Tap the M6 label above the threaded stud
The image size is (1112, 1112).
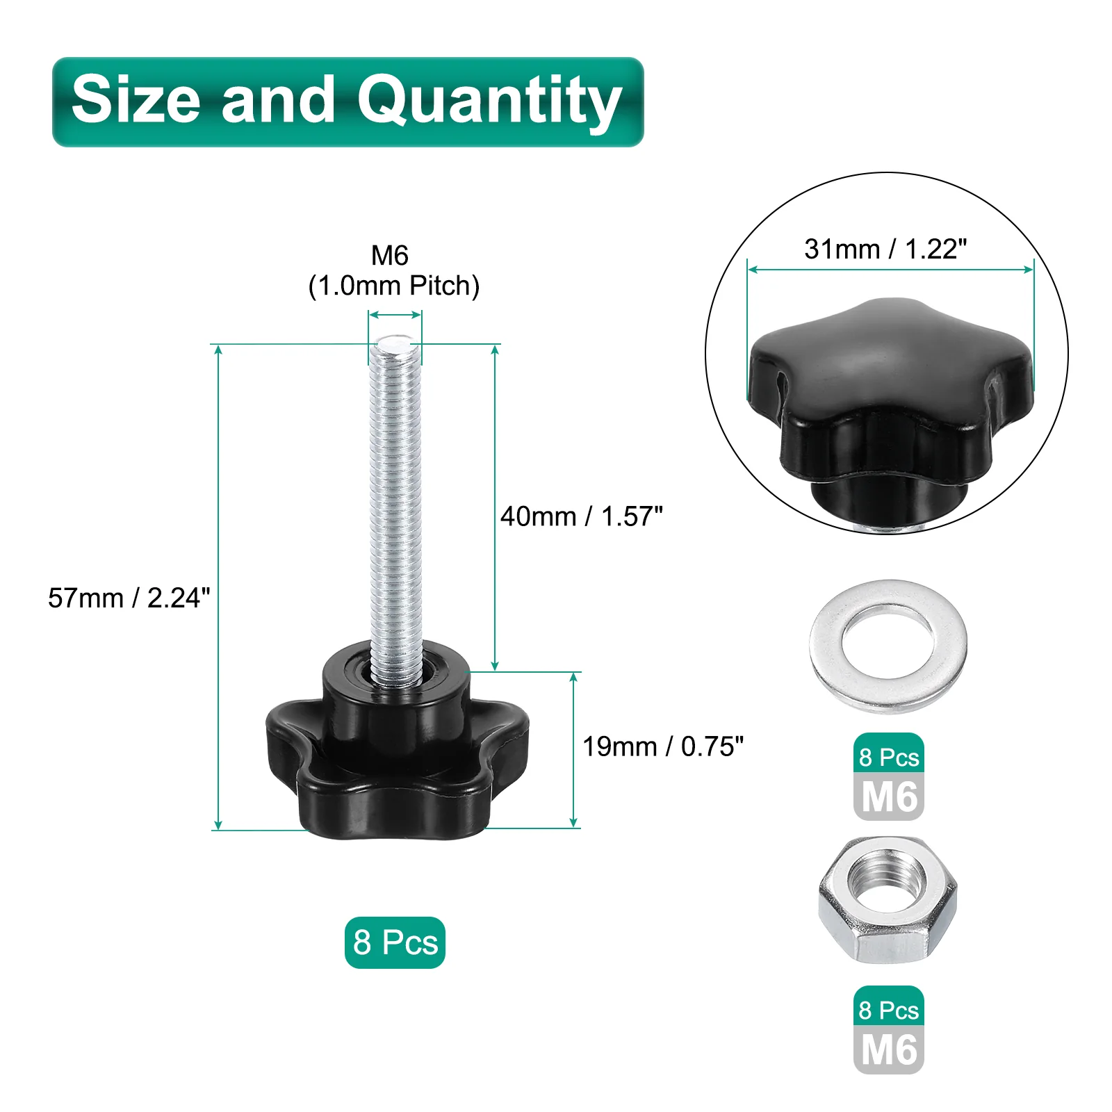point(390,255)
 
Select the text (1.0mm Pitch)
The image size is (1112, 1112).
point(394,286)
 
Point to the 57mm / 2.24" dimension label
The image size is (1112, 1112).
point(129,598)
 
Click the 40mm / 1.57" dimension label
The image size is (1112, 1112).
point(582,516)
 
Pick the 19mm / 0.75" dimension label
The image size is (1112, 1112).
point(663,746)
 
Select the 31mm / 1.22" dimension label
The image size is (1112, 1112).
point(885,249)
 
